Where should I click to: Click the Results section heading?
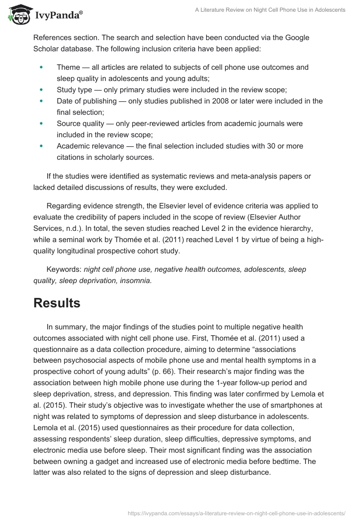click(57, 303)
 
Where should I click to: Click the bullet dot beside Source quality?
click(41, 124)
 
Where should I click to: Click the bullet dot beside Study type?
click(41, 90)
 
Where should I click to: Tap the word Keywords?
click(63, 270)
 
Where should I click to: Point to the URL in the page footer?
click(237, 512)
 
